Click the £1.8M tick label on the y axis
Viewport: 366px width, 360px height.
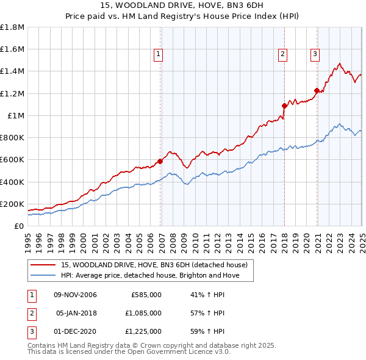[x=12, y=27]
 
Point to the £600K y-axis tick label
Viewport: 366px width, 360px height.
[x=12, y=160]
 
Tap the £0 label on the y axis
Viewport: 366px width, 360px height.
[x=19, y=226]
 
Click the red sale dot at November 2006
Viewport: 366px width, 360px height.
[x=160, y=161]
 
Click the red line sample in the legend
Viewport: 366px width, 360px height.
[x=43, y=265]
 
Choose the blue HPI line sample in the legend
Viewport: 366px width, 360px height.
[x=43, y=275]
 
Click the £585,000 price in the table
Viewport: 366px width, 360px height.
[x=146, y=295]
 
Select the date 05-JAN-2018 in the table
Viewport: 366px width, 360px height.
[x=76, y=313]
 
